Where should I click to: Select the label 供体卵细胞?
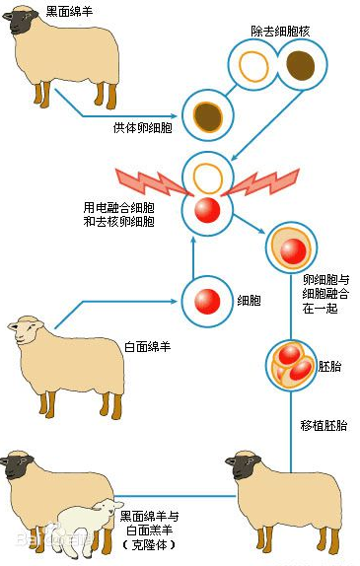tap(143, 127)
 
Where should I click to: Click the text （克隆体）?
tap(148, 543)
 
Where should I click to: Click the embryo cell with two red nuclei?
tap(291, 366)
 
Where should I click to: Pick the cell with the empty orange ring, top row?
tap(255, 67)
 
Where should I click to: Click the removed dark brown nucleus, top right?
tap(302, 67)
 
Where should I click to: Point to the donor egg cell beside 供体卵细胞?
tap(208, 116)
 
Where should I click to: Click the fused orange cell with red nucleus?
tap(291, 250)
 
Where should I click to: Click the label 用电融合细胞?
tap(117, 208)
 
